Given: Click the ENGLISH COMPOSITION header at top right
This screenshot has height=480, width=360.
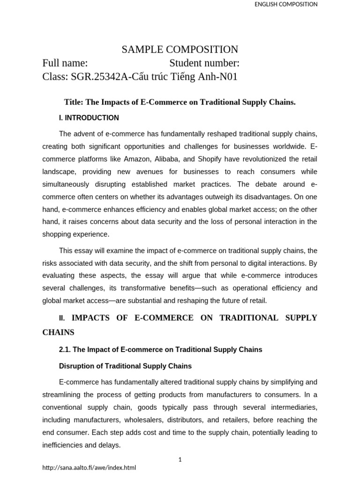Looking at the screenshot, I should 285,4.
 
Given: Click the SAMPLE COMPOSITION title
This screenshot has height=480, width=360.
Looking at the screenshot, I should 180,50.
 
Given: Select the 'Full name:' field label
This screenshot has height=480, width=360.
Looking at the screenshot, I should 65,63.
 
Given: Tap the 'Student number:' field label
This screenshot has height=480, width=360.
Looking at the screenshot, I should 204,63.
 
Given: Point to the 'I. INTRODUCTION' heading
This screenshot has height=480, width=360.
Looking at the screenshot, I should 89,118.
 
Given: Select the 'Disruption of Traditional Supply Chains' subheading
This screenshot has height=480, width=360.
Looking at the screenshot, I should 125,366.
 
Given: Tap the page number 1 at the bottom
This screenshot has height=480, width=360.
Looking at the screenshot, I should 180,460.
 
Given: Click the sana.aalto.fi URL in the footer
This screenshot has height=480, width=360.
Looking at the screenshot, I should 89,468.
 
